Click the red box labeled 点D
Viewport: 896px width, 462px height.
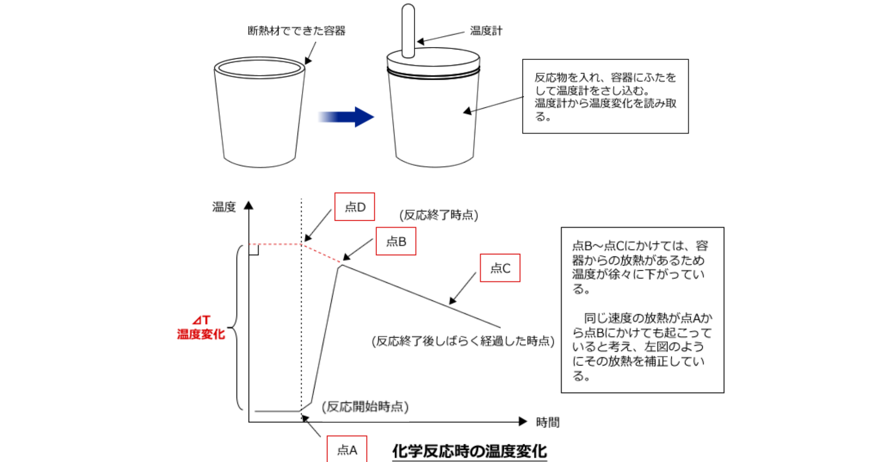pos(354,207)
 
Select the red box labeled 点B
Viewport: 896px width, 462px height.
pos(396,241)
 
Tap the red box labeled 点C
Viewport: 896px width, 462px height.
pos(500,268)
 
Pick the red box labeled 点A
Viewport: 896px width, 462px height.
pos(347,450)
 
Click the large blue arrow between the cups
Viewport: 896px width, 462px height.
pos(348,117)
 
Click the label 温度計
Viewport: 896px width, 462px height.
pos(486,31)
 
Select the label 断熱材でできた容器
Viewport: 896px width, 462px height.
pos(296,31)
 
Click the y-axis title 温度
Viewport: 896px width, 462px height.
pos(224,207)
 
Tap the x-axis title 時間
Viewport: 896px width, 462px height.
pos(548,422)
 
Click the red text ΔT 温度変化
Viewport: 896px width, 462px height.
pos(201,328)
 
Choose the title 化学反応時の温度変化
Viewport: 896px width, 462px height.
pos(469,451)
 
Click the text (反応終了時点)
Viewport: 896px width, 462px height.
pos(439,215)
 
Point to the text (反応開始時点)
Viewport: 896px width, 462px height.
pos(365,407)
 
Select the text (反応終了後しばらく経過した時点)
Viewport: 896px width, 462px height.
pos(463,341)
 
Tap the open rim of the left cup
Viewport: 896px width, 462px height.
pos(260,68)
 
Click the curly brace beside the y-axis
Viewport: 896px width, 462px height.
pos(237,327)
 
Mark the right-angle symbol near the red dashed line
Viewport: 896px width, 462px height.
pos(254,250)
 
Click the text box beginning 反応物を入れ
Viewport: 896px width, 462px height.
pos(605,97)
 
